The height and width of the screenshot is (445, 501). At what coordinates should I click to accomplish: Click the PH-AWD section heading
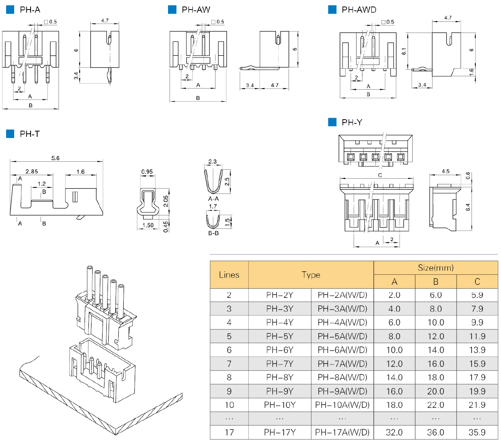point(359,10)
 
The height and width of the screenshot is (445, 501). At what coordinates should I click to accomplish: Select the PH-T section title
point(29,134)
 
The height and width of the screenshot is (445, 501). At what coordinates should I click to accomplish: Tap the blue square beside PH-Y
point(332,122)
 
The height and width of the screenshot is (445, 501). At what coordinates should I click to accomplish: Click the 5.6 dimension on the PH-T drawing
point(55,158)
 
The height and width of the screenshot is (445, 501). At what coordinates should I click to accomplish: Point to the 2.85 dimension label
point(31,171)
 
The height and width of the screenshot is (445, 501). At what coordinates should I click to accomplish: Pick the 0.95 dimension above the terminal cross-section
point(147,172)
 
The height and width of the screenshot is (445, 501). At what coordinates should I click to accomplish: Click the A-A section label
point(213,199)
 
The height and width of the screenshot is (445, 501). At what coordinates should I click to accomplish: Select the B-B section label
point(213,233)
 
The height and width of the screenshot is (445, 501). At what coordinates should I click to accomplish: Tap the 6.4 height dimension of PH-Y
point(468,207)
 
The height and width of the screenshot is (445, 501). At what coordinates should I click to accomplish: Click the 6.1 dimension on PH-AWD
point(404,51)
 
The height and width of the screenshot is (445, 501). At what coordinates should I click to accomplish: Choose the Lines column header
point(229,275)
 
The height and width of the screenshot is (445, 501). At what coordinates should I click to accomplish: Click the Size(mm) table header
point(436,268)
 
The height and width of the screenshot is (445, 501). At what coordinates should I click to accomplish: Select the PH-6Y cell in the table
point(279,350)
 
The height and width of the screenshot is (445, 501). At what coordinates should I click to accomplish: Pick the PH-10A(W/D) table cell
point(342,405)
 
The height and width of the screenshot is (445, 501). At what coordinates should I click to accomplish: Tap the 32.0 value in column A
point(394,432)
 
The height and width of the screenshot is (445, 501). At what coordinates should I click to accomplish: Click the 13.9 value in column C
point(477,350)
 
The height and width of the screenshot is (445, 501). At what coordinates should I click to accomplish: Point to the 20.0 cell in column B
point(436,391)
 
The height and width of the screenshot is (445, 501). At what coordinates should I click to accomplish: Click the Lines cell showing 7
point(229,364)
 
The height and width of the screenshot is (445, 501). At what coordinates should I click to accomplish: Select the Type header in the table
point(311,275)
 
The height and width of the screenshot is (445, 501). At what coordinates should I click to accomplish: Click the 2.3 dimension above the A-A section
point(212,162)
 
